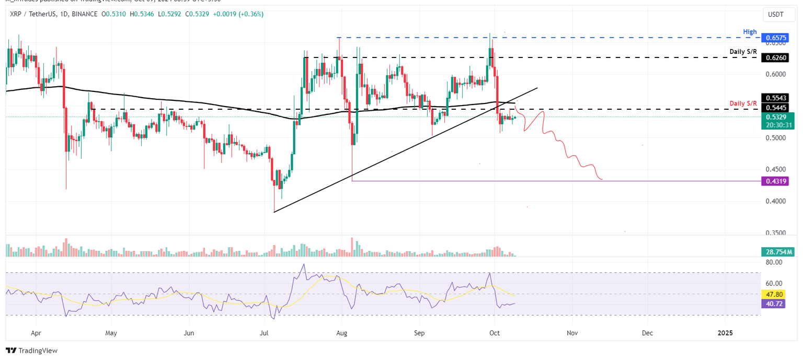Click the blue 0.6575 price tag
click(x=773, y=39)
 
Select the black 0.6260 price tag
click(x=773, y=57)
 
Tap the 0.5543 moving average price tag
click(x=773, y=98)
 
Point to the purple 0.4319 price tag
click(x=773, y=181)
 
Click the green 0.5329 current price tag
click(x=773, y=117)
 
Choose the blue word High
click(x=750, y=32)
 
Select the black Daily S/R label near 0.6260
click(x=743, y=52)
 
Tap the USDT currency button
click(x=775, y=15)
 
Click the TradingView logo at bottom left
click(x=32, y=351)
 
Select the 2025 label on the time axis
click(x=725, y=332)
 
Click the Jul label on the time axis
click(x=264, y=332)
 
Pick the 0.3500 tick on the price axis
click(x=773, y=233)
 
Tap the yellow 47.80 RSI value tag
click(x=773, y=295)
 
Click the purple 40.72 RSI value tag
click(x=773, y=303)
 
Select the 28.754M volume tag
click(x=773, y=252)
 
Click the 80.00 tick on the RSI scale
click(x=773, y=262)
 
